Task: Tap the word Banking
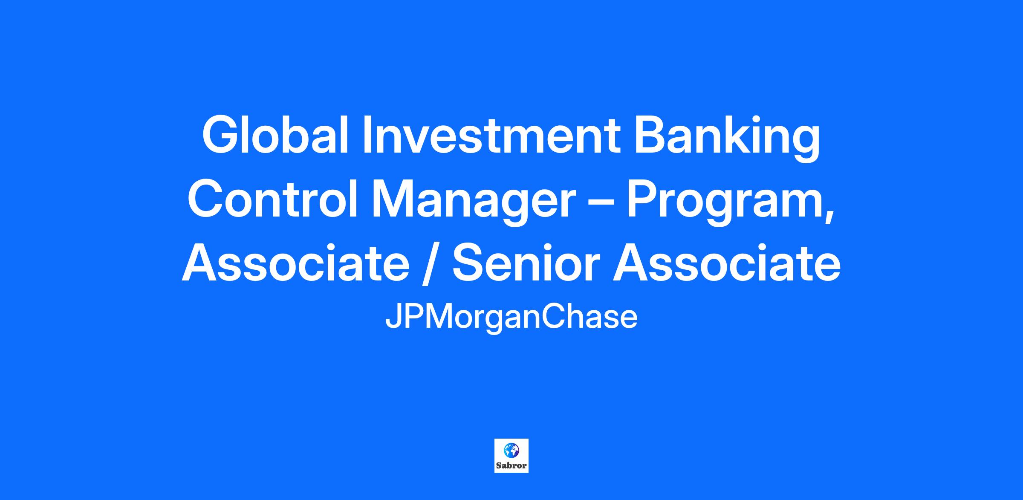727,138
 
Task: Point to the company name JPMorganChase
511,318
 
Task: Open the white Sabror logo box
511,455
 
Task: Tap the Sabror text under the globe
511,465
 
